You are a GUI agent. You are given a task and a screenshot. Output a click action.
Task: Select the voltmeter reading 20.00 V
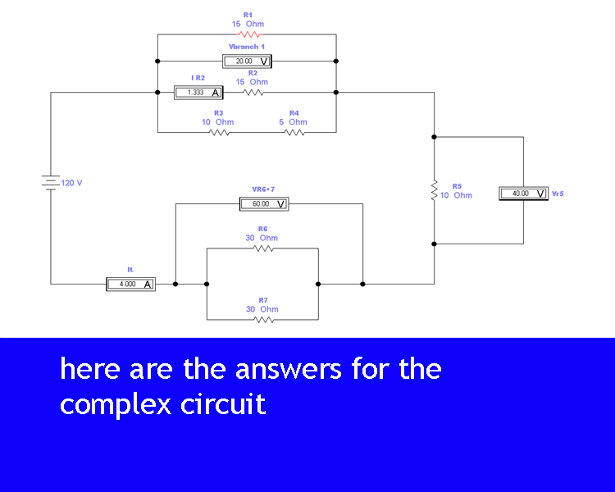[x=246, y=61]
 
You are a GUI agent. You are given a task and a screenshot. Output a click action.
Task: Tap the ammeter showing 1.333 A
[x=198, y=93]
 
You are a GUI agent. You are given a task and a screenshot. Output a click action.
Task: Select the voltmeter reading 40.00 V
[x=522, y=194]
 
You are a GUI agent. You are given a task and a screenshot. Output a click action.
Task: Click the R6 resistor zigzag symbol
[x=262, y=248]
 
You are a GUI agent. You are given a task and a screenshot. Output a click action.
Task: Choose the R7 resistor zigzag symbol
[x=262, y=319]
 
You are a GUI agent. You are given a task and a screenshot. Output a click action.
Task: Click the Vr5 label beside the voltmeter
[x=558, y=194]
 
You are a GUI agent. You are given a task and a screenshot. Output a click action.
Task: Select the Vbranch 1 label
[x=246, y=47]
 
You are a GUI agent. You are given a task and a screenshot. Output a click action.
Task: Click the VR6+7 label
[x=263, y=189]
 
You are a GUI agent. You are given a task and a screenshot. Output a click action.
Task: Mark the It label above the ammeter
[x=130, y=269]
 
